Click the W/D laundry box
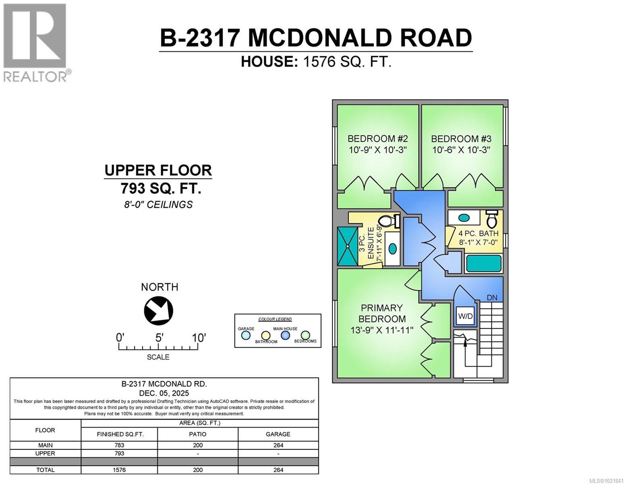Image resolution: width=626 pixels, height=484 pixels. pos(465,316)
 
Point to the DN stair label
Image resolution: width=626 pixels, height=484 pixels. pos(492,298)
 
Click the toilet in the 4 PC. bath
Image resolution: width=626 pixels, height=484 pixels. pos(491,219)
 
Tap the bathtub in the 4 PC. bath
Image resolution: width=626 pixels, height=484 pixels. pos(484,264)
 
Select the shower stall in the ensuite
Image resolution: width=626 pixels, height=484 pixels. pos(347,246)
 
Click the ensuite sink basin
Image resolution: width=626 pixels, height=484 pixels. pos(392,248)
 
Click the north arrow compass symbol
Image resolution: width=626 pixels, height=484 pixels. pos(158,311)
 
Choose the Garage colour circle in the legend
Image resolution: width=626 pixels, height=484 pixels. pos(245,336)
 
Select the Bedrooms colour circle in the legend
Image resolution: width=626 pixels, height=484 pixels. pos(305,335)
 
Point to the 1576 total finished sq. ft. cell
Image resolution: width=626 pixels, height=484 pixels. pos(119,470)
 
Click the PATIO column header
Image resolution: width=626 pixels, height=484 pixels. pos(198,434)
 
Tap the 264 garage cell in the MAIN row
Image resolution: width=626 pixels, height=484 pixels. pos(278,445)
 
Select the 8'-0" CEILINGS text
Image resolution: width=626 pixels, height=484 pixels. pos(158,204)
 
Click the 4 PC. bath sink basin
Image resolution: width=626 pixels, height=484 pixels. pos(464,218)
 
